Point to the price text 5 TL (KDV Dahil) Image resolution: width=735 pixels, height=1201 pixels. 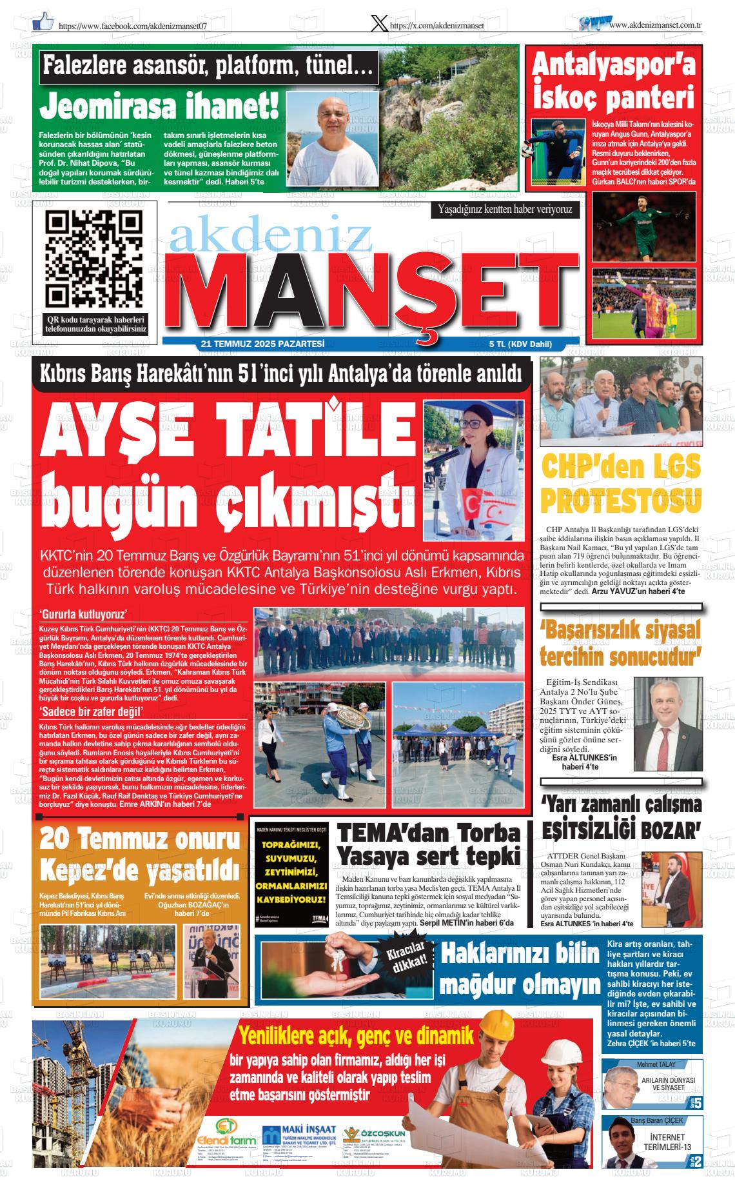point(520,344)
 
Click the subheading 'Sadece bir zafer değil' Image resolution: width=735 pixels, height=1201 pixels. point(91,711)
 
